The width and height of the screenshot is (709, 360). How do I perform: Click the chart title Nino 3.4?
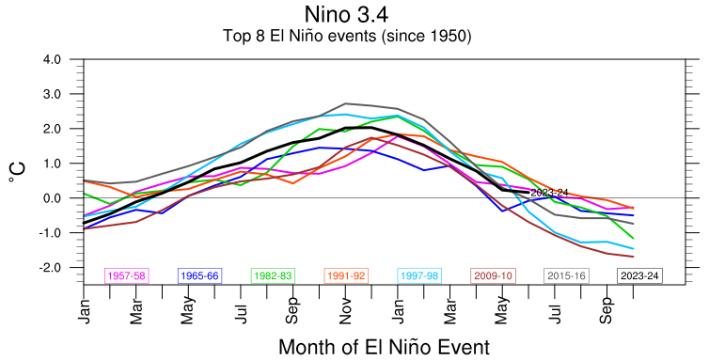346,14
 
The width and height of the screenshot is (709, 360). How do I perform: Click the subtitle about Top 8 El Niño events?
347,36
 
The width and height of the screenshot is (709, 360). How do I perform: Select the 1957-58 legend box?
127,275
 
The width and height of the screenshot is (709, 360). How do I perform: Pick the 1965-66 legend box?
199,275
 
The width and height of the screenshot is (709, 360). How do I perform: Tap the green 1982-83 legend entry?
273,275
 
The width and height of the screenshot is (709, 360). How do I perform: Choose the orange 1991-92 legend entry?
346,275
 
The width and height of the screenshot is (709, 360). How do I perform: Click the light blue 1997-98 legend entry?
419,275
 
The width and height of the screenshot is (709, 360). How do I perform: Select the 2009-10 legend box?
493,275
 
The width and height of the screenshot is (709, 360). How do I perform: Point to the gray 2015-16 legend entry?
566,275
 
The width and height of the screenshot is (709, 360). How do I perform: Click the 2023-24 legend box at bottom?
639,275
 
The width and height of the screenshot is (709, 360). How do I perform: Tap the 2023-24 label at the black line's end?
549,193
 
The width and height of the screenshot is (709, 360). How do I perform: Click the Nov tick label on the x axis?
346,311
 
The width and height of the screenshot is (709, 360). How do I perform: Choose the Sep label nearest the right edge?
607,311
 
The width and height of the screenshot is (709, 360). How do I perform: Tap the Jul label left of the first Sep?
242,312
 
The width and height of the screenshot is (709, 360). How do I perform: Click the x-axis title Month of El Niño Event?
384,348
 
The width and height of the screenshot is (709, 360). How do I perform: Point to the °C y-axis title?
17,172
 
